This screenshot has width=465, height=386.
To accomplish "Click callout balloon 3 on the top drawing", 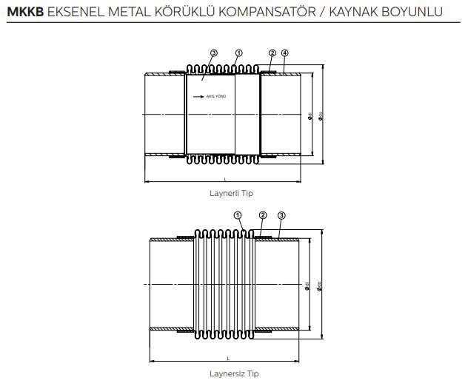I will pyautogui.click(x=213, y=53).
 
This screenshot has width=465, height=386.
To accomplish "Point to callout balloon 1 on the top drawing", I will pyautogui.click(x=238, y=53).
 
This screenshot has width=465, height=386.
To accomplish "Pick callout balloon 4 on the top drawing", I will pyautogui.click(x=285, y=53).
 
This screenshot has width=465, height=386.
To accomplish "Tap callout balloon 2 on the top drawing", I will pyautogui.click(x=272, y=53).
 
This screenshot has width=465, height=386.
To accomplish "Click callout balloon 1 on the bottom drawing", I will pyautogui.click(x=238, y=215).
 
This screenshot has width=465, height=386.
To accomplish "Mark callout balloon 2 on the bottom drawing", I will pyautogui.click(x=262, y=215).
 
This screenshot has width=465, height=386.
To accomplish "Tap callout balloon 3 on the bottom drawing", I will pyautogui.click(x=281, y=215).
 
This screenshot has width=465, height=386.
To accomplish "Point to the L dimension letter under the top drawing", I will pyautogui.click(x=224, y=178).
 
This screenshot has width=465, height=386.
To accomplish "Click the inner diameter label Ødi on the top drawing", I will pyautogui.click(x=309, y=115).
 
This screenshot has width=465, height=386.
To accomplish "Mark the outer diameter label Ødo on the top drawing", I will pyautogui.click(x=320, y=115).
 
